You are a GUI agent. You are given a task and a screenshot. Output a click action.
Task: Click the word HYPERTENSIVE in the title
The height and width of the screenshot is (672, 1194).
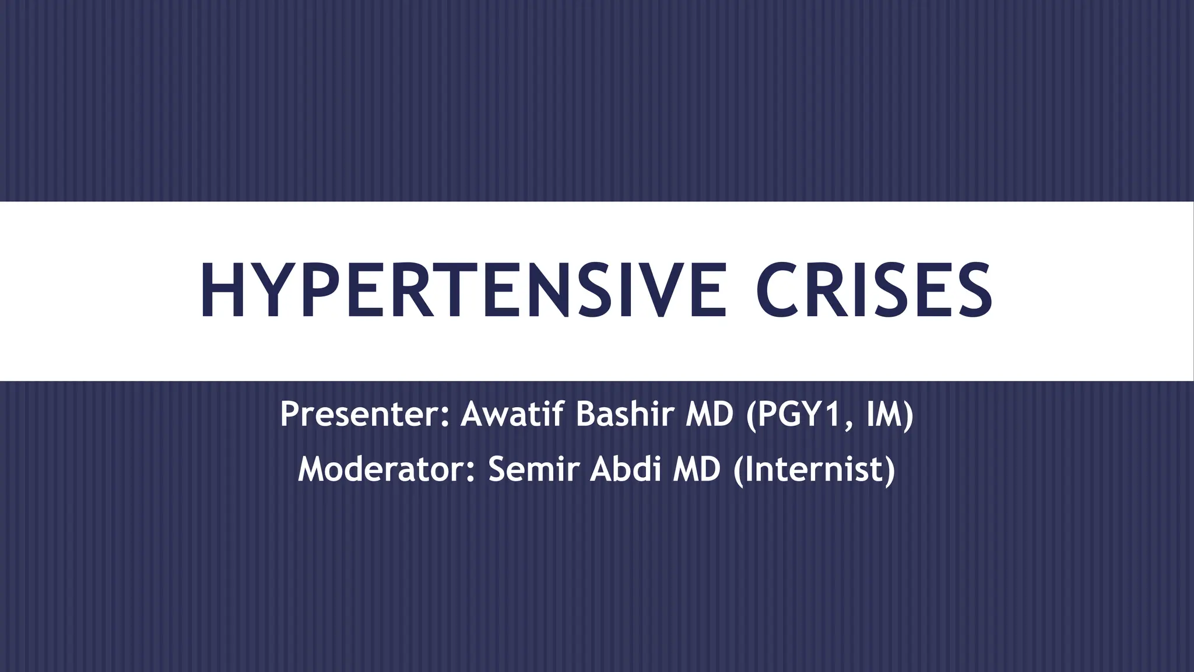[463, 290]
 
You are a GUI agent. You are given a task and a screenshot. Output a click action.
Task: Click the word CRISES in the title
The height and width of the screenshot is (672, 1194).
[874, 290]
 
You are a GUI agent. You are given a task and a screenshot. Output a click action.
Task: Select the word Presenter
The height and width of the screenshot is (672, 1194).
[360, 414]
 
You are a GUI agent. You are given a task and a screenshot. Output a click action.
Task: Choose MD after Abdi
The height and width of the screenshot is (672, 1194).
[697, 470]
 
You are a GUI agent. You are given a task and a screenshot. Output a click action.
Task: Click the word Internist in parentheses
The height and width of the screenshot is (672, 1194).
[814, 470]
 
